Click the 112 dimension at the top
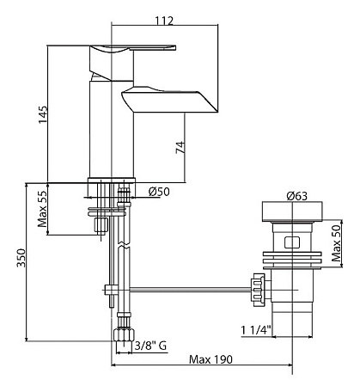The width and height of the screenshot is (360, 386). (x=164, y=21)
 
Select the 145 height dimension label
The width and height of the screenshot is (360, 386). (x=43, y=114)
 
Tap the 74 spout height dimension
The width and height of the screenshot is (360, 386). (x=180, y=148)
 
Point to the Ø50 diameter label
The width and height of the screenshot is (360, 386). (x=159, y=192)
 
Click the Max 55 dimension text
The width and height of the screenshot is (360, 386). (x=43, y=209)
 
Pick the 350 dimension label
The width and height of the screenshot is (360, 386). (x=21, y=258)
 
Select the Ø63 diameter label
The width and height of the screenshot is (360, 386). (x=296, y=196)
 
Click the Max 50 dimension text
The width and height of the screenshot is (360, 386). (x=336, y=243)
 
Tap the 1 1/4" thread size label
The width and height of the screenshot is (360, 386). (x=256, y=330)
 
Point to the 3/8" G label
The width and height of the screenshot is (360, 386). (x=150, y=346)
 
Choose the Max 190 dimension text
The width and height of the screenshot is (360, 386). (x=211, y=359)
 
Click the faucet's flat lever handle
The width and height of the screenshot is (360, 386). (x=132, y=48)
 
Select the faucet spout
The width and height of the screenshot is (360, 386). (x=169, y=100)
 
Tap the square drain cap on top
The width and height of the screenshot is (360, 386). (x=292, y=211)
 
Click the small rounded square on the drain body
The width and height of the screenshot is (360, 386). (x=292, y=242)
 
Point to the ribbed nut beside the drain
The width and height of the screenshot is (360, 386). (x=258, y=290)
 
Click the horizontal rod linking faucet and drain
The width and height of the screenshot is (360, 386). (x=191, y=290)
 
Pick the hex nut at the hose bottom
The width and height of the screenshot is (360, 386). (x=124, y=334)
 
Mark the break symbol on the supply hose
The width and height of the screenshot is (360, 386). (x=124, y=246)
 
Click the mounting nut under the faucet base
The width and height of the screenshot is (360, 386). (x=101, y=224)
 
